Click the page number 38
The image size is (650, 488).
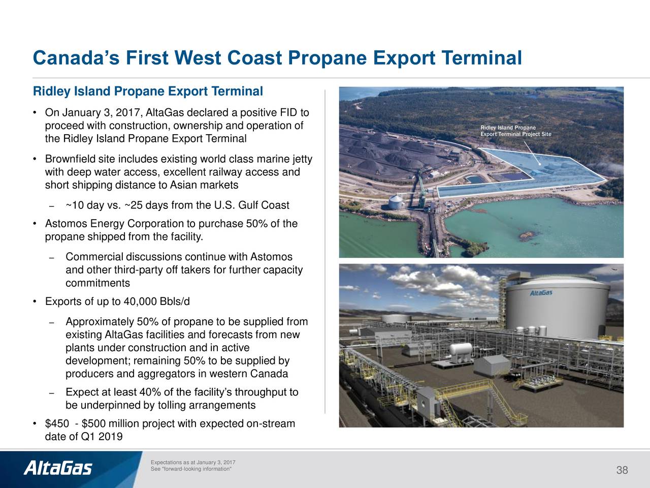click(x=622, y=470)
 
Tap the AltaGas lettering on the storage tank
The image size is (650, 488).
click(x=541, y=293)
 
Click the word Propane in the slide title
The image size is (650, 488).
click(x=327, y=57)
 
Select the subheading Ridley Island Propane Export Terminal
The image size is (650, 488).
click(x=148, y=91)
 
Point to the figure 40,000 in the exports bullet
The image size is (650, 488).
click(x=140, y=301)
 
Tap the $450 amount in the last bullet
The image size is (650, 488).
click(x=57, y=423)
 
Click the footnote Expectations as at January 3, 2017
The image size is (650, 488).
click(x=193, y=462)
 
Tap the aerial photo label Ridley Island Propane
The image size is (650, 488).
click(x=508, y=128)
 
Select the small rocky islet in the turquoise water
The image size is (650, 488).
click(x=528, y=236)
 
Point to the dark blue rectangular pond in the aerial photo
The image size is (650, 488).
click(x=510, y=177)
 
